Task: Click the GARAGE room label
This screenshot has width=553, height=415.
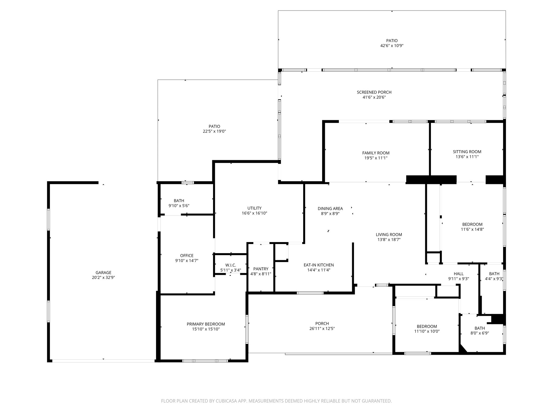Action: pyautogui.click(x=103, y=273)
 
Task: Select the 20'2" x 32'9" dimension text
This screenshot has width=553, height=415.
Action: pyautogui.click(x=103, y=277)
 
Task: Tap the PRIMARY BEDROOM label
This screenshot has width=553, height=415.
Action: pyautogui.click(x=206, y=324)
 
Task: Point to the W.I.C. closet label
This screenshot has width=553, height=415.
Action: pyautogui.click(x=231, y=265)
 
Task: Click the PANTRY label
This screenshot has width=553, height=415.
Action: pyautogui.click(x=261, y=269)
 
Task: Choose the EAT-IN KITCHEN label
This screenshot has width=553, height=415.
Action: pyautogui.click(x=319, y=265)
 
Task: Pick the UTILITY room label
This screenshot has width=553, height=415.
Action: pyautogui.click(x=254, y=208)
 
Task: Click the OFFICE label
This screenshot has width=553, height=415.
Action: pyautogui.click(x=187, y=256)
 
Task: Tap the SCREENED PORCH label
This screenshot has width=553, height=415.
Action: pyautogui.click(x=374, y=92)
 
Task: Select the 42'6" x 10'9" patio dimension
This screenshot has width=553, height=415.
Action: pyautogui.click(x=392, y=46)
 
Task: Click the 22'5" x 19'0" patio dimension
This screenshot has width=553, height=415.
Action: pyautogui.click(x=214, y=131)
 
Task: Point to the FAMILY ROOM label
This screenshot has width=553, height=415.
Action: pyautogui.click(x=376, y=153)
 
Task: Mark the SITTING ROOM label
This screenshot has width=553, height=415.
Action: pyautogui.click(x=467, y=152)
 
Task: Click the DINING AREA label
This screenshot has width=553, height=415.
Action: pyautogui.click(x=330, y=209)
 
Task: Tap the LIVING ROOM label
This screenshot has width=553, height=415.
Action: pyautogui.click(x=389, y=235)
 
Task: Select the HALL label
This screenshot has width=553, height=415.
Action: pyautogui.click(x=458, y=274)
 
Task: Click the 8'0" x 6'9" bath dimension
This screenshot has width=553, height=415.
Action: pyautogui.click(x=480, y=333)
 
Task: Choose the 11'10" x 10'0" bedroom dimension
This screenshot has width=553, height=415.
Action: pyautogui.click(x=427, y=331)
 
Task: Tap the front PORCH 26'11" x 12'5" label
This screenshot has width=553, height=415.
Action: pyautogui.click(x=322, y=326)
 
